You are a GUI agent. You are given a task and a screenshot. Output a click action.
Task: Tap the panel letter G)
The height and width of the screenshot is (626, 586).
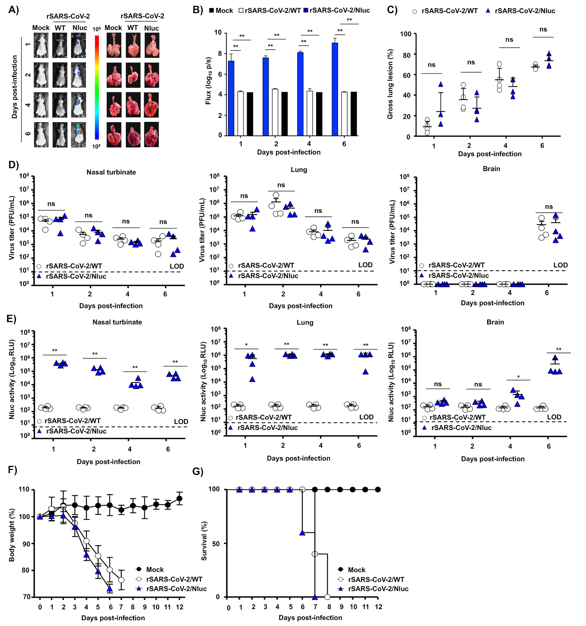[x=198, y=471]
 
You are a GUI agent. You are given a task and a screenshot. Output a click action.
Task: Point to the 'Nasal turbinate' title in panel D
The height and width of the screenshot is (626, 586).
[x=111, y=172]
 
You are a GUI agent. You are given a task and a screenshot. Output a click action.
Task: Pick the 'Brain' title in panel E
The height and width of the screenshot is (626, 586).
[x=495, y=322]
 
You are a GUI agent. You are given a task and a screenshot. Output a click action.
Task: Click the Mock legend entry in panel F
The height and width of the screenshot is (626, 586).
[x=155, y=569]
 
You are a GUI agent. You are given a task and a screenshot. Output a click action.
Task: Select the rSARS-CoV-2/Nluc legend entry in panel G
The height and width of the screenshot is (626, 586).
[x=378, y=589]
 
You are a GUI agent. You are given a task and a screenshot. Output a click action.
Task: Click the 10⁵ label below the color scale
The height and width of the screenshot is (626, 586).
[x=96, y=146]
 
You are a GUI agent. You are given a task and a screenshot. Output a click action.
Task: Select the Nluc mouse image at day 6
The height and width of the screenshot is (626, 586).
[x=78, y=135]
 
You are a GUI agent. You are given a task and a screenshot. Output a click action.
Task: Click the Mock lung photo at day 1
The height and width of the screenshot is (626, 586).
[x=114, y=45]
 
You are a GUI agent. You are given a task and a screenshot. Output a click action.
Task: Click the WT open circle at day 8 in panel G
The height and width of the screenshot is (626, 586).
[x=327, y=597]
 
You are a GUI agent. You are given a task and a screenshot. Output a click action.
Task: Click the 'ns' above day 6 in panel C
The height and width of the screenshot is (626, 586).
[x=543, y=29]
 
